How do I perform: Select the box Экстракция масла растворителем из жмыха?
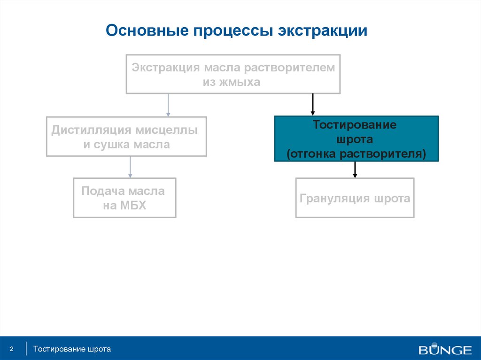click(233, 74)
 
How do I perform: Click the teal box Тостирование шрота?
click(357, 139)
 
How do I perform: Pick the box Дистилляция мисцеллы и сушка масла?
click(126, 137)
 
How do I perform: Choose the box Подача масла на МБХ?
click(124, 198)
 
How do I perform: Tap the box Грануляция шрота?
click(355, 198)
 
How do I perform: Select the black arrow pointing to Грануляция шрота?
click(355, 169)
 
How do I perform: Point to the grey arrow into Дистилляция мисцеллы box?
click(168, 105)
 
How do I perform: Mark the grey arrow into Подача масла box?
click(130, 167)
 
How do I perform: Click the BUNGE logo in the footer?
click(445, 350)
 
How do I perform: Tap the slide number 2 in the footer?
click(12, 349)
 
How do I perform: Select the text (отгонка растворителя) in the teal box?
click(356, 154)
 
